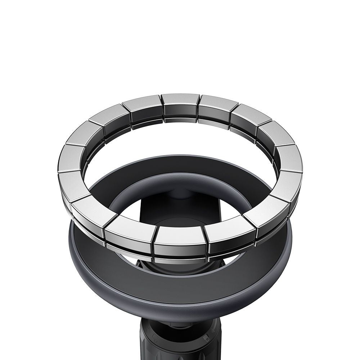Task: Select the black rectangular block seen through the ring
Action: [x=169, y=209]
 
